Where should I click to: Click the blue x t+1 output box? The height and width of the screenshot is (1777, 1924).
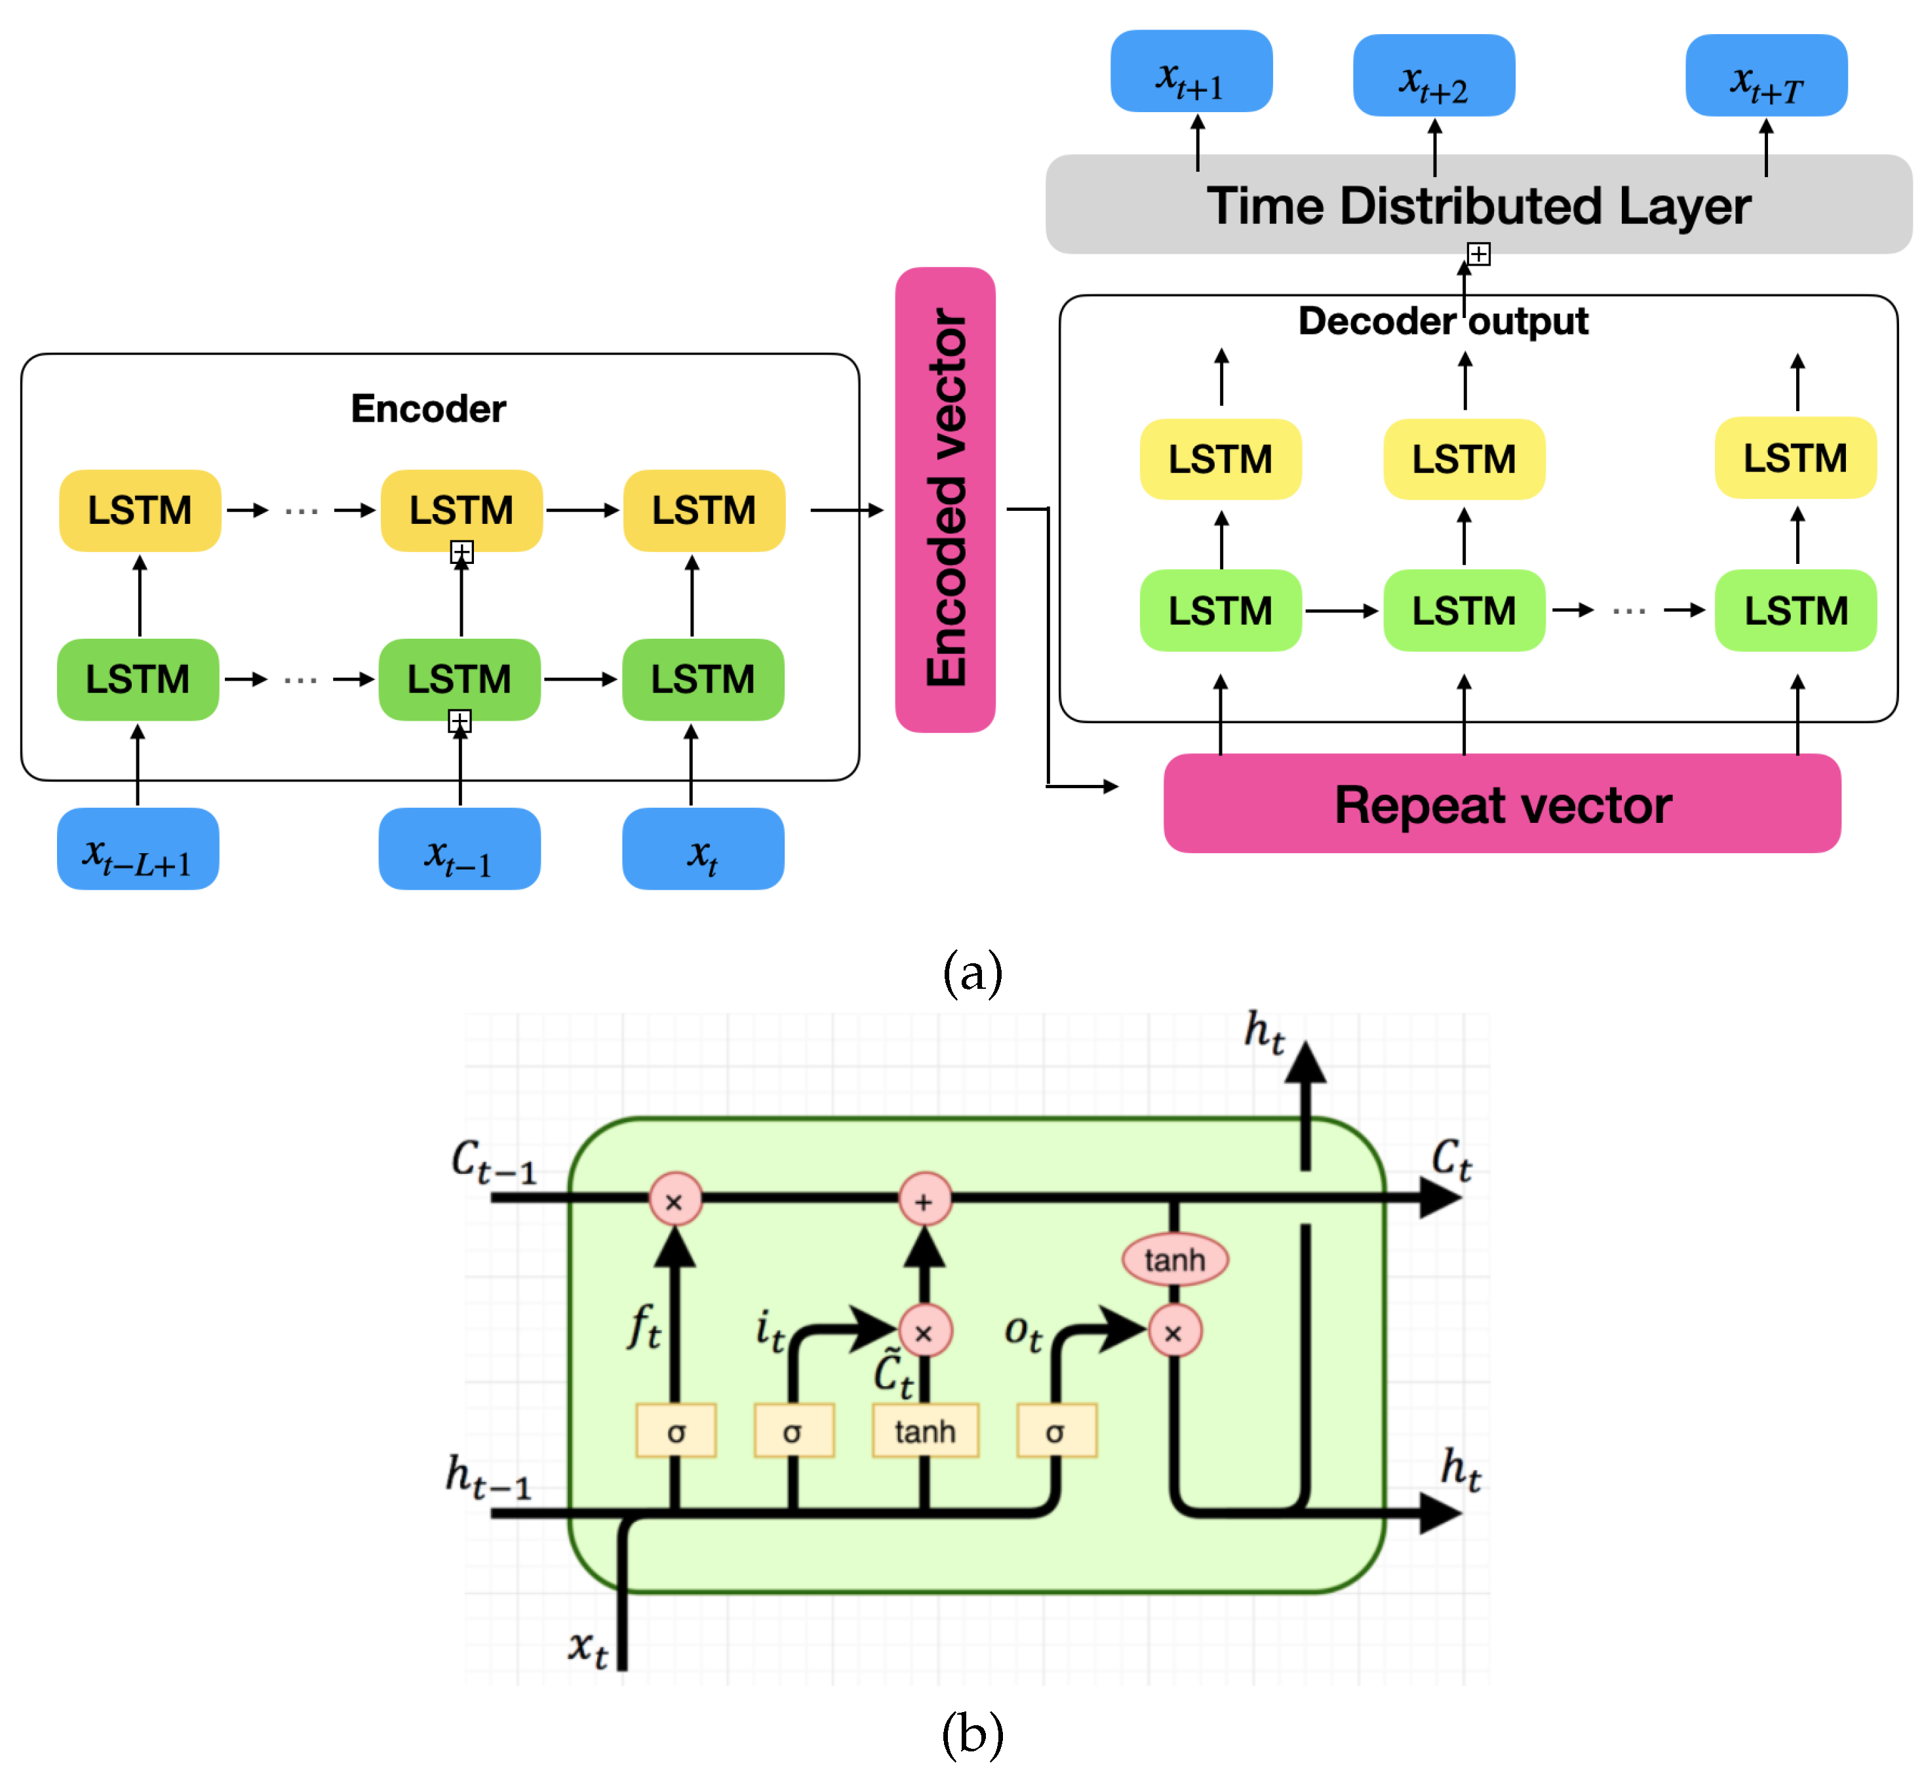coord(1190,72)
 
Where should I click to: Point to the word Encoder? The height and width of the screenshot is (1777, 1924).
coord(428,409)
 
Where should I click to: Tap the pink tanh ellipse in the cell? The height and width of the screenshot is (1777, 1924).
coord(1174,1260)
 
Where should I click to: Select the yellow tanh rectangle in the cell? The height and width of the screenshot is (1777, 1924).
coord(925,1431)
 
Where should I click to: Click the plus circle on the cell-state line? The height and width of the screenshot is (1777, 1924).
coord(924,1200)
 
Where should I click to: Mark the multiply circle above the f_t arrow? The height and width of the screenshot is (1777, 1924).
coord(675,1200)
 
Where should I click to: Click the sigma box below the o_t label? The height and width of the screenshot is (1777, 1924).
coord(1056,1431)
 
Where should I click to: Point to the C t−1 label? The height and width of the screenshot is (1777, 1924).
coord(493,1161)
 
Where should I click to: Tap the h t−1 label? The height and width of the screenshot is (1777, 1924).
coord(488,1476)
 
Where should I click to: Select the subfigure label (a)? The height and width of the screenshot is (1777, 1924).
coord(972,972)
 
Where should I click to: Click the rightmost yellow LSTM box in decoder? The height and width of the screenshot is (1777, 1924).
coord(1795,458)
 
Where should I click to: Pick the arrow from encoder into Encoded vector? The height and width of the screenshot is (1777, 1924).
coord(846,509)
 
